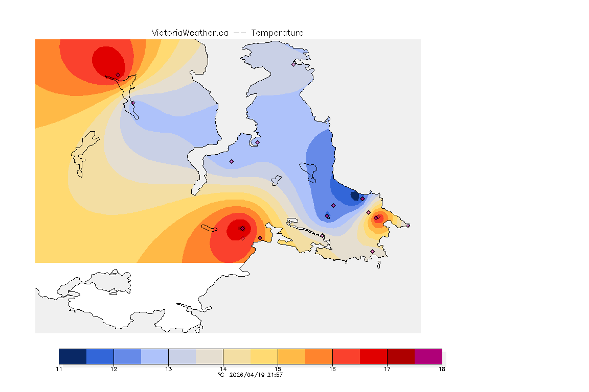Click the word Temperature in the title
coord(278,33)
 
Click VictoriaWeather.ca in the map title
coord(190,33)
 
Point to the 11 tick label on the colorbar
coord(59,369)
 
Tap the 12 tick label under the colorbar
coord(114,369)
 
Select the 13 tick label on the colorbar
coord(168,369)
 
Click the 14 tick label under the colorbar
coord(223,369)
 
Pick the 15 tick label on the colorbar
coord(278,369)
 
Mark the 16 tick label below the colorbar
coord(332,369)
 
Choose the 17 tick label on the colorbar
coord(387,369)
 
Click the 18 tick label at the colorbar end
coord(441,369)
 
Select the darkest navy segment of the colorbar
coord(73,356)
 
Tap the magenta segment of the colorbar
coord(428,356)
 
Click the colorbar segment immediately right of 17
coord(401,356)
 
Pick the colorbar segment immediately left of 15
coord(264,356)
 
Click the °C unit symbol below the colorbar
coord(221,375)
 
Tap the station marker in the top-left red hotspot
coord(118,75)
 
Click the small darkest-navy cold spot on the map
coord(354,195)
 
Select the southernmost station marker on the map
coord(372,251)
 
